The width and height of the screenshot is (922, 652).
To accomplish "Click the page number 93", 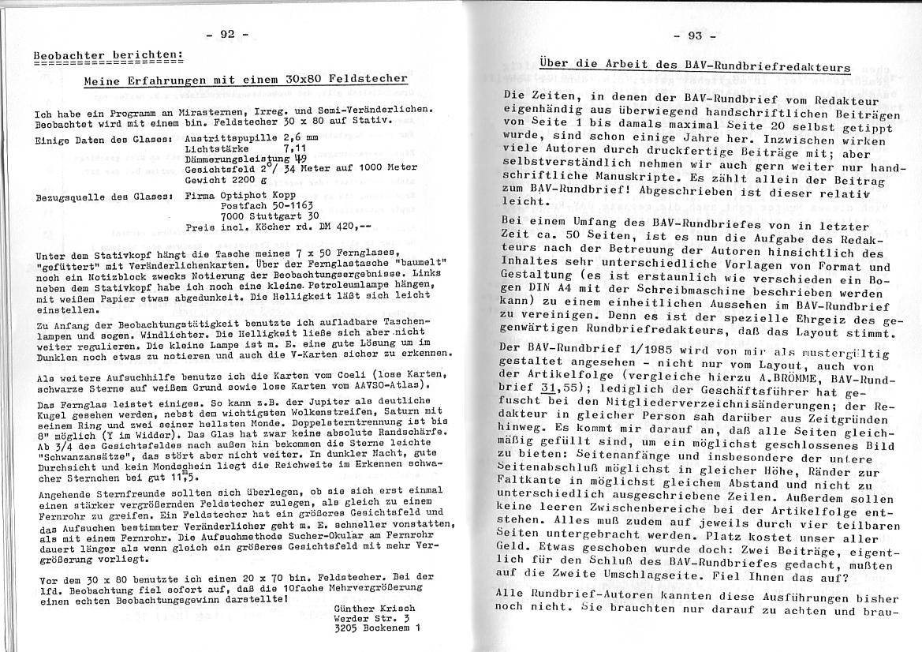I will (695, 36).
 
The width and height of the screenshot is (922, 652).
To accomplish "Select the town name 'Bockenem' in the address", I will (387, 630).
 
